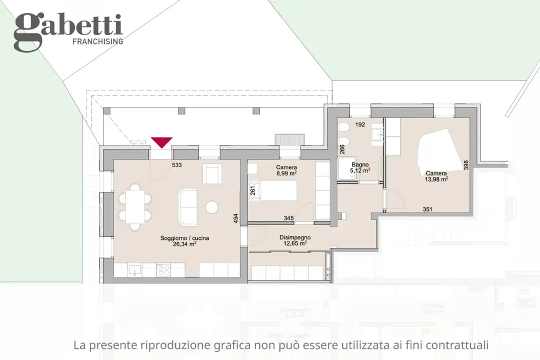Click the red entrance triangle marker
(x=161, y=142)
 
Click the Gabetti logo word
(x=67, y=27)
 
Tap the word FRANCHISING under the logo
(x=97, y=41)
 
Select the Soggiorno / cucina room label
(x=184, y=238)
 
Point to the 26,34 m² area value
(x=184, y=244)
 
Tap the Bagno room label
(x=360, y=164)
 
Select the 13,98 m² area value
(x=436, y=178)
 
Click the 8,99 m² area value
(x=286, y=173)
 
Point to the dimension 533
(x=176, y=164)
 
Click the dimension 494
(x=235, y=219)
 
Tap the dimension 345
(x=288, y=218)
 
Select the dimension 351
(x=427, y=209)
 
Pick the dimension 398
(x=465, y=165)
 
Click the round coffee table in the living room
(x=212, y=207)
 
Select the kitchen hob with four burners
(x=164, y=270)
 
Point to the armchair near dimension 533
(x=212, y=173)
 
